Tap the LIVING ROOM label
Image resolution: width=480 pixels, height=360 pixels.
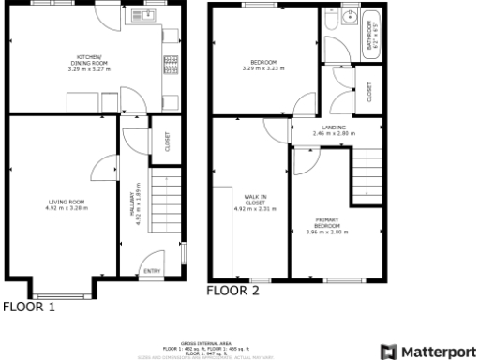tap(67, 204)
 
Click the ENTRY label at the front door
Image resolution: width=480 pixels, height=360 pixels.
tap(151, 272)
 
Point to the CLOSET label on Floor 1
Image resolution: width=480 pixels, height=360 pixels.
tap(167, 142)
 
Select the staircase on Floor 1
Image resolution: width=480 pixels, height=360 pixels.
tap(164, 203)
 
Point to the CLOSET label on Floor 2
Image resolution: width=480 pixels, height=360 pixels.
tap(370, 92)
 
